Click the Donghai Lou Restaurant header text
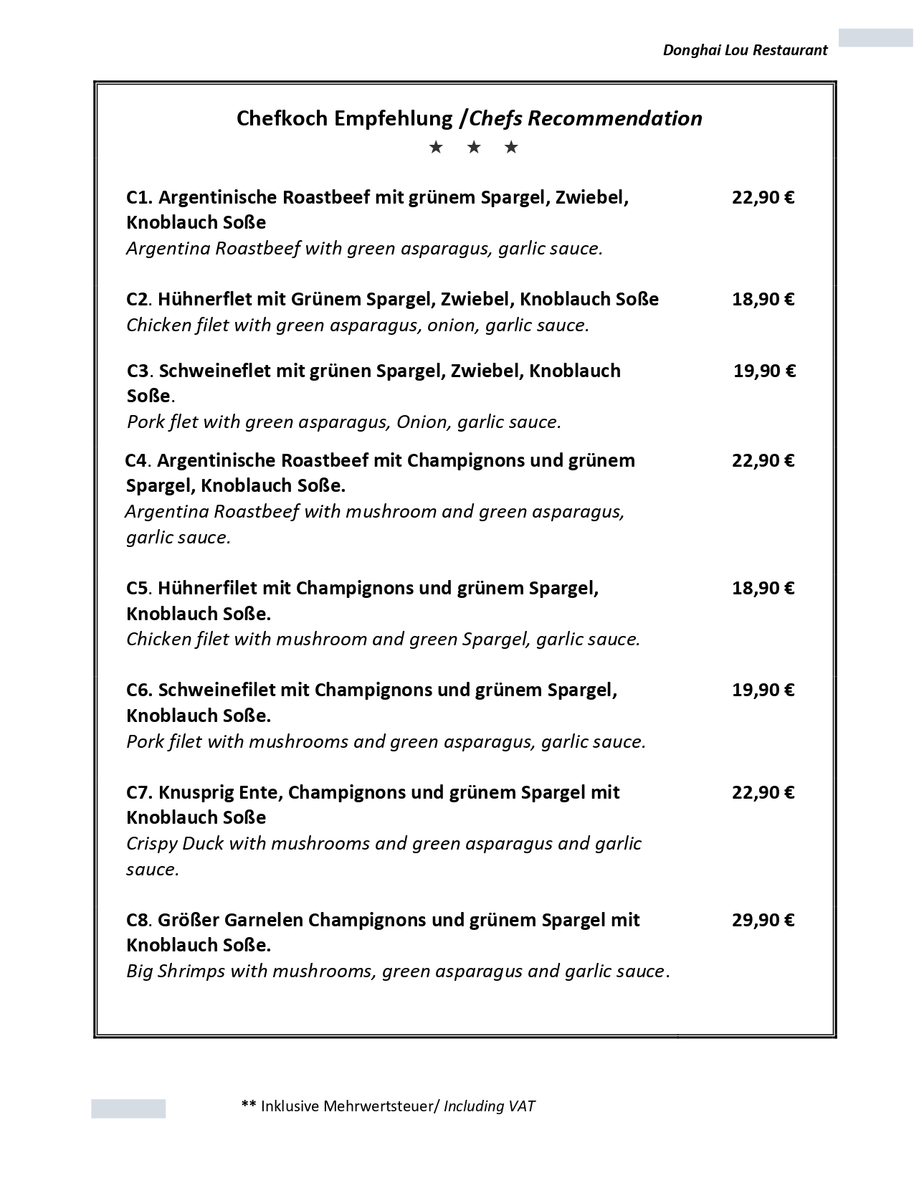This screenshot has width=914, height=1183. [x=745, y=50]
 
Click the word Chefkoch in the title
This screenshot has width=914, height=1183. [x=282, y=118]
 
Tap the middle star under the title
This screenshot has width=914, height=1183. [x=473, y=148]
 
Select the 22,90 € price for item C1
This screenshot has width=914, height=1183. [x=763, y=197]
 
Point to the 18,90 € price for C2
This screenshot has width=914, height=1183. [x=763, y=299]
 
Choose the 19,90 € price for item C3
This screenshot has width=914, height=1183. [x=764, y=371]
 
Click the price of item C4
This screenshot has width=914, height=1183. [x=763, y=460]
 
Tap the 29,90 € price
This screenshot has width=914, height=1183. [x=763, y=920]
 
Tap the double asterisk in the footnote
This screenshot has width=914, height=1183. [x=249, y=1105]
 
